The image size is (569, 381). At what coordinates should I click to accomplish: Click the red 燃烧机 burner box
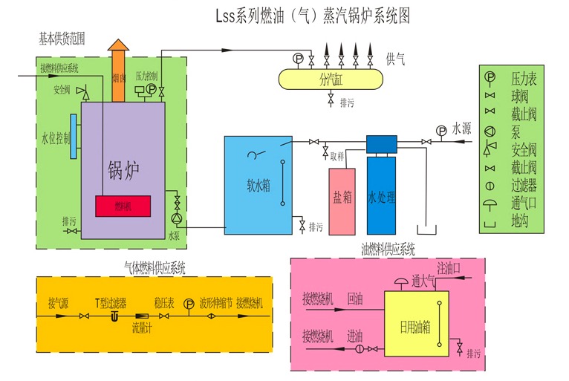tap(123, 206)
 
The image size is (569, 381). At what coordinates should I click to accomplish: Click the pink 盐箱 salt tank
tap(342, 201)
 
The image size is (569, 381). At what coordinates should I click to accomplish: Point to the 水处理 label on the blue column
tap(381, 198)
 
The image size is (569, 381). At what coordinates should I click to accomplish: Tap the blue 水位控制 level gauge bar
tap(74, 137)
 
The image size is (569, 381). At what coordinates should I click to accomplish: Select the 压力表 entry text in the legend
tap(524, 77)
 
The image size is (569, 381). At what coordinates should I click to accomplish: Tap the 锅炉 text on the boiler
tap(123, 169)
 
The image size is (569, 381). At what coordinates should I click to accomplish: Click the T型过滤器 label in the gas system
tap(110, 303)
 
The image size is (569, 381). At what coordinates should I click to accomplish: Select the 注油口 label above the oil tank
tap(449, 266)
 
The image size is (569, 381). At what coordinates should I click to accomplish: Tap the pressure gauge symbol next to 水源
tap(441, 131)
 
